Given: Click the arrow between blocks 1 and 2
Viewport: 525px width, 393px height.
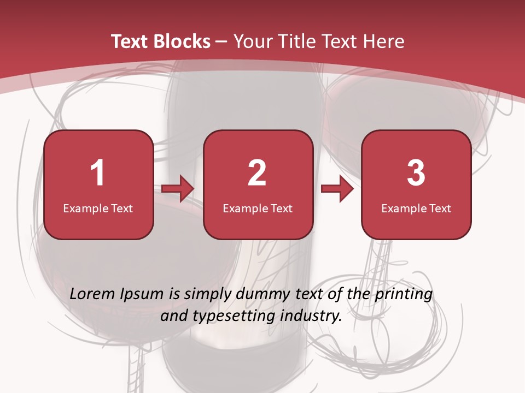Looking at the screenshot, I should pos(178,189).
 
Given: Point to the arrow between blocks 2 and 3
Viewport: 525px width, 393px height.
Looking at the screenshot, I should pos(337,189).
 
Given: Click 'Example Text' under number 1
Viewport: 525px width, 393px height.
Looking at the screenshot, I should pos(98,209).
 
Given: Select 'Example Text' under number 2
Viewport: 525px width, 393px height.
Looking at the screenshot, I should pos(258,209).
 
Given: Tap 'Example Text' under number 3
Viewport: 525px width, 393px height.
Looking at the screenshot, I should pos(416,209).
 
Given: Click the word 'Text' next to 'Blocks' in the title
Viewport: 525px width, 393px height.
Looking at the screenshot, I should pos(130,41).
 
